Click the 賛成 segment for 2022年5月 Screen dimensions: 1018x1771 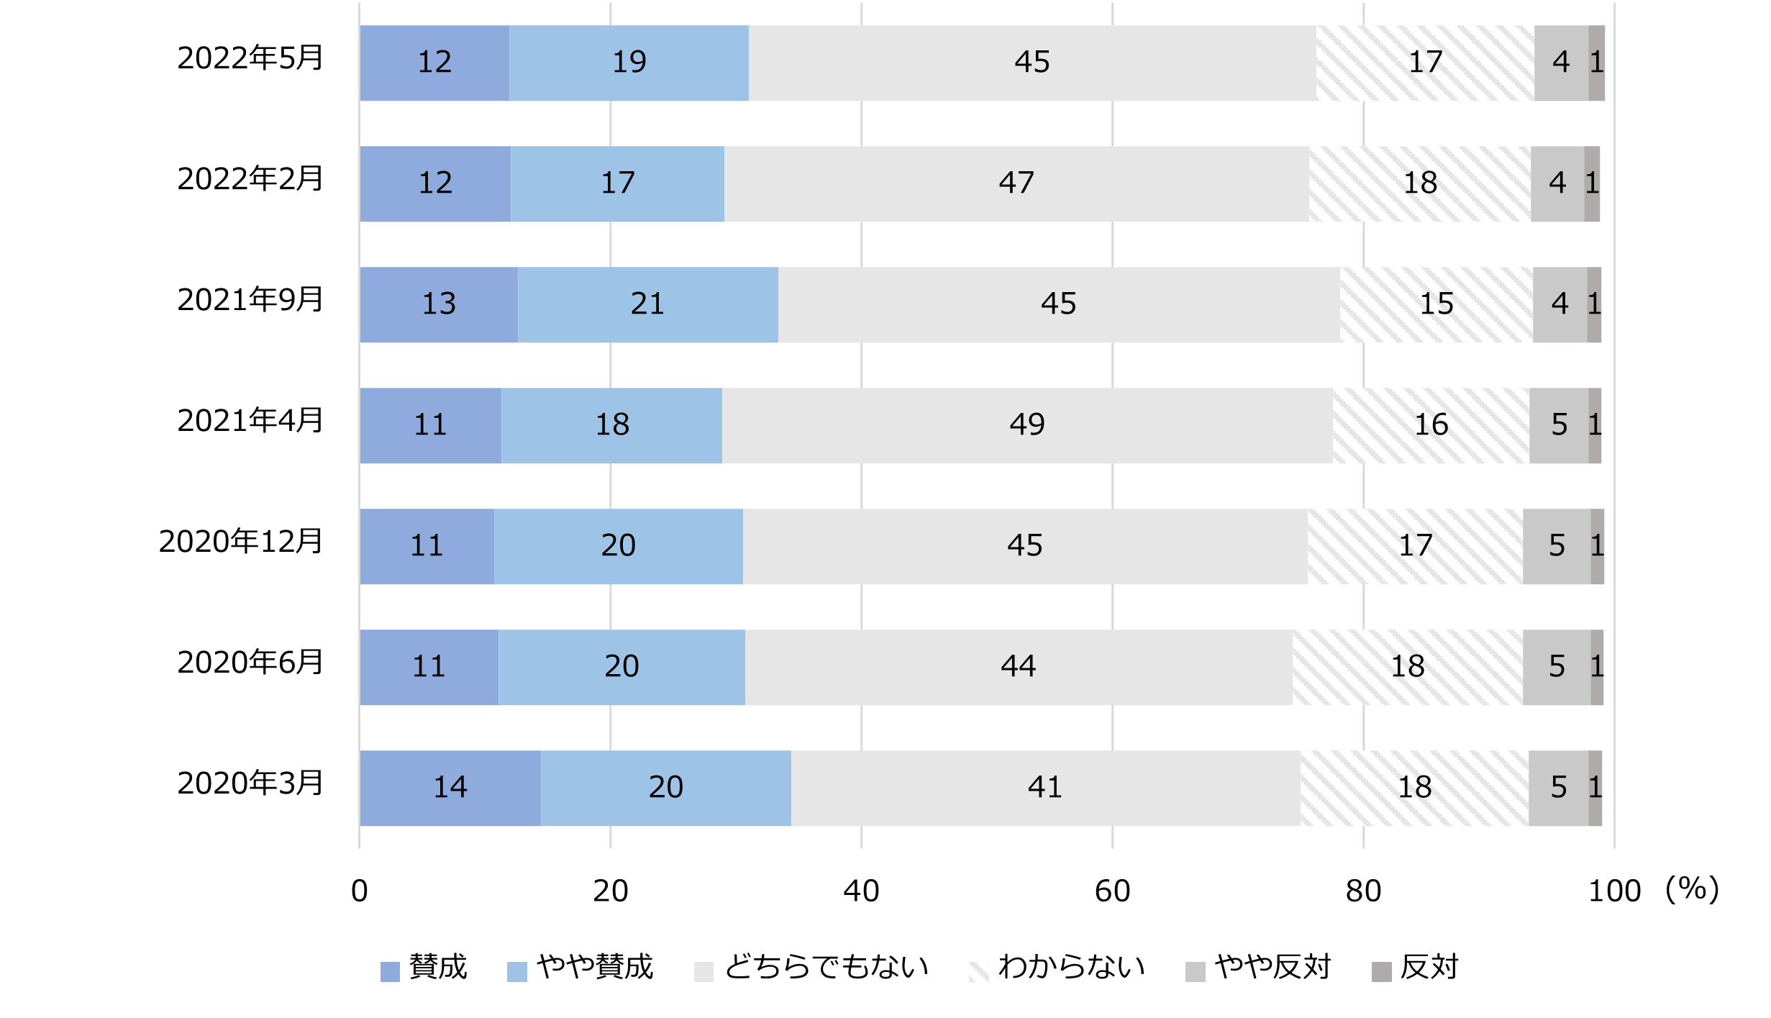point(434,63)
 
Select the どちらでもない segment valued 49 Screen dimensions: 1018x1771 point(1026,426)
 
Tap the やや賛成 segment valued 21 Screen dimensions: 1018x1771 point(647,305)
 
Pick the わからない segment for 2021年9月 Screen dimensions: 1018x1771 point(1436,305)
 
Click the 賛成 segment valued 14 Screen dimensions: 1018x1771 point(450,789)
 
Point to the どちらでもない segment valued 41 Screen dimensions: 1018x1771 point(1044,789)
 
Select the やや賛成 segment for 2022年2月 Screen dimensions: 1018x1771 point(617,184)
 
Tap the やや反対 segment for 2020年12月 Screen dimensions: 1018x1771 point(1556,547)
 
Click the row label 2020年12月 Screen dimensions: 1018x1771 point(241,542)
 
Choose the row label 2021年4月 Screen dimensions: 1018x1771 point(250,421)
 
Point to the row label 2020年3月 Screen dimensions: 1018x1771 point(250,783)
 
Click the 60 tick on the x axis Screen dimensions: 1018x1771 point(1112,891)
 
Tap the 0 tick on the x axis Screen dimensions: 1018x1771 point(359,891)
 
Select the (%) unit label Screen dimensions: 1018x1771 point(1692,890)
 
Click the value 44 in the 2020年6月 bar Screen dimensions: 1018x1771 point(1018,667)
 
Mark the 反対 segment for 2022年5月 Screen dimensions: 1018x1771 point(1596,63)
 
